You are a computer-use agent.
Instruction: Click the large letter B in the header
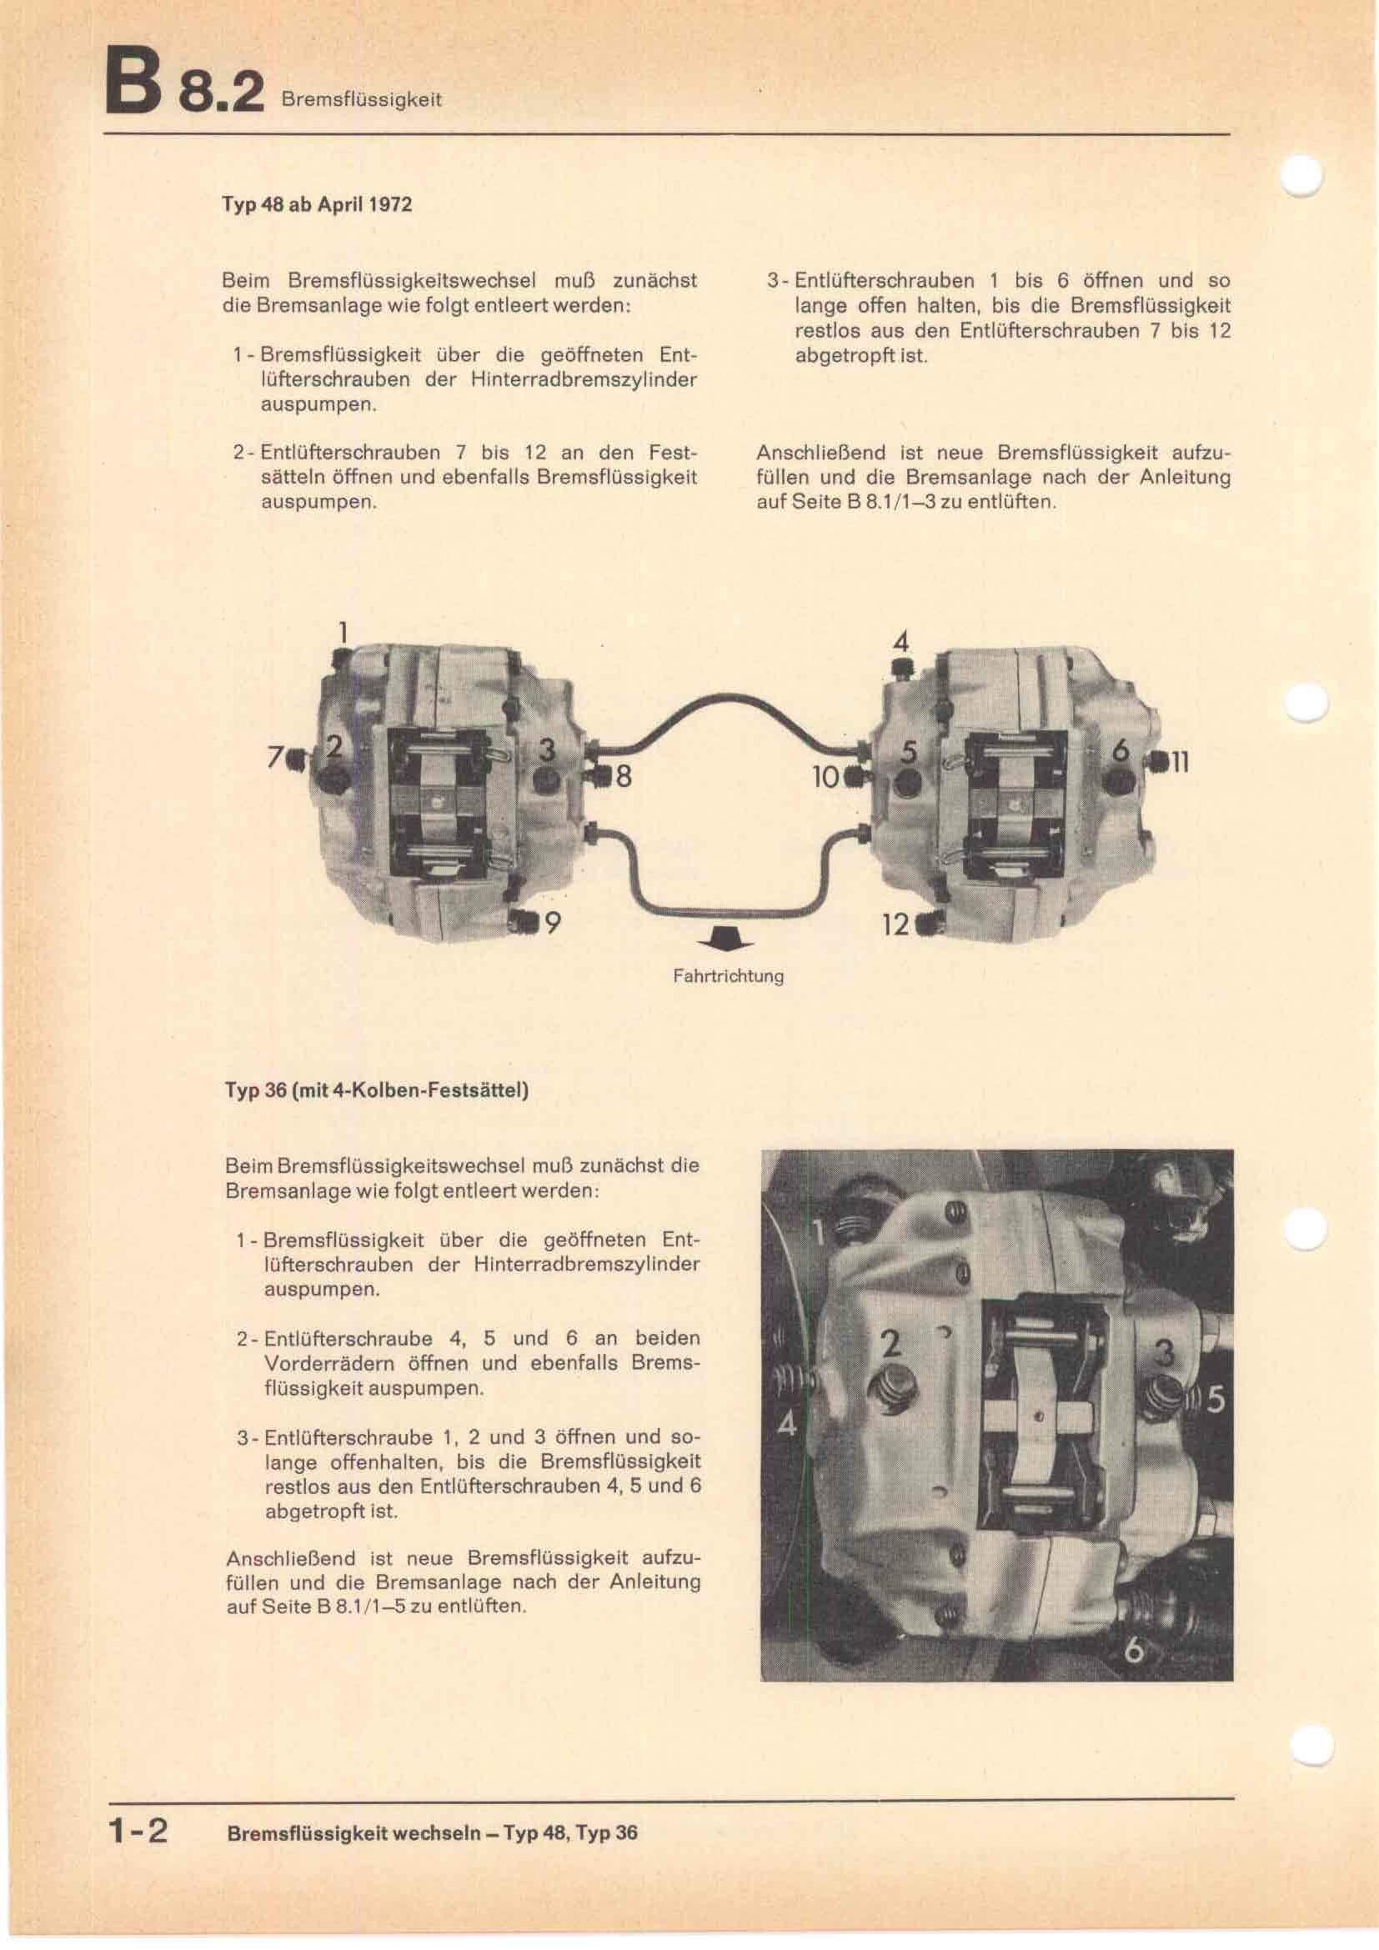coord(129,85)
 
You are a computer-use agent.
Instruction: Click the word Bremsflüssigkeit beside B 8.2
coord(361,100)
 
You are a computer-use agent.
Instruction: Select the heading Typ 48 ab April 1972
coord(317,206)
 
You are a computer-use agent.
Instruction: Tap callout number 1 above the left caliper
coord(342,633)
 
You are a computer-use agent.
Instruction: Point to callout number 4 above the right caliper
coord(901,643)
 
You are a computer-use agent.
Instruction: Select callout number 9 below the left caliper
coord(552,922)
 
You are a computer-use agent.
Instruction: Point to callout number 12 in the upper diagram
coord(895,924)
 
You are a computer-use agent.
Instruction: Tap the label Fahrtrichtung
coord(728,977)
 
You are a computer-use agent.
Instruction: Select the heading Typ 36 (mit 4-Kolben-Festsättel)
coord(376,1090)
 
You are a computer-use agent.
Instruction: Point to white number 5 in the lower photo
coord(1216,1399)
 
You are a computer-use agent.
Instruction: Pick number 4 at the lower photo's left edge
coord(787,1424)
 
